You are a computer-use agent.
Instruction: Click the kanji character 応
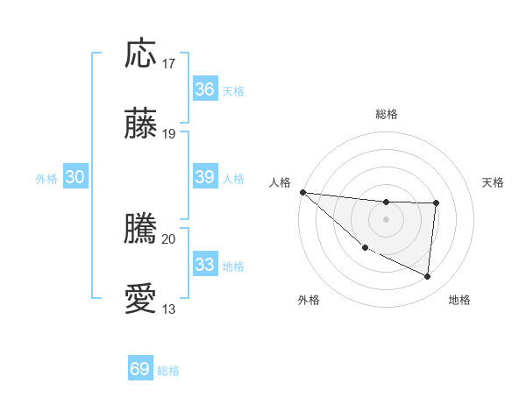pyautogui.click(x=141, y=55)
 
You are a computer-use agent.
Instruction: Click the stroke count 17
pyautogui.click(x=169, y=64)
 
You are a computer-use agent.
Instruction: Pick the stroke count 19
pyautogui.click(x=169, y=134)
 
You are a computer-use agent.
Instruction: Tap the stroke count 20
pyautogui.click(x=169, y=238)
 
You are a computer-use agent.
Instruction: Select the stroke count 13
pyautogui.click(x=169, y=309)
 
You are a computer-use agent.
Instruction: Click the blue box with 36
pyautogui.click(x=204, y=89)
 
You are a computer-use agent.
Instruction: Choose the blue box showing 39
pyautogui.click(x=204, y=177)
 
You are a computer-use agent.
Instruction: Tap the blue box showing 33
pyautogui.click(x=204, y=265)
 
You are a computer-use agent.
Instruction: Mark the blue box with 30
pyautogui.click(x=75, y=177)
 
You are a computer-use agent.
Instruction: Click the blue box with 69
pyautogui.click(x=139, y=369)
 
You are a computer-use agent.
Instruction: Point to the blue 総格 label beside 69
pyautogui.click(x=168, y=371)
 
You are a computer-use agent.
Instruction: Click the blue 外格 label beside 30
pyautogui.click(x=46, y=179)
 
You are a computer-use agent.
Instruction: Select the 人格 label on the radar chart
pyautogui.click(x=280, y=182)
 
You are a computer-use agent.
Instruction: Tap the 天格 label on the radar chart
pyautogui.click(x=494, y=182)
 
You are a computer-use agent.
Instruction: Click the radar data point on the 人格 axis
pyautogui.click(x=302, y=192)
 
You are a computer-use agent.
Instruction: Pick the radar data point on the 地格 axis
pyautogui.click(x=428, y=277)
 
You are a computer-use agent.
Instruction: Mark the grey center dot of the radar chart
pyautogui.click(x=386, y=218)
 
